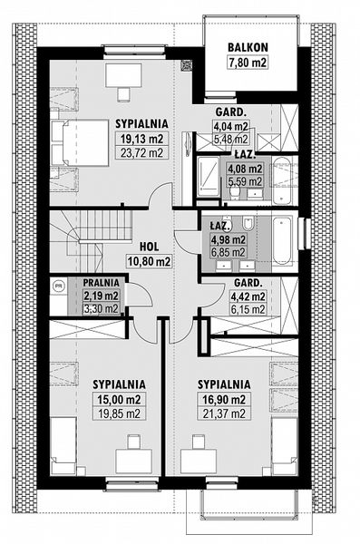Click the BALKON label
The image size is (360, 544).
tap(248, 47)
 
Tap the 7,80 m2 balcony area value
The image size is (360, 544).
tap(248, 63)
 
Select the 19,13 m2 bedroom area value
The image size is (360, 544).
tap(142, 139)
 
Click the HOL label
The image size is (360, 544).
tap(150, 247)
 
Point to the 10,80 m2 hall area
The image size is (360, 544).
tap(150, 261)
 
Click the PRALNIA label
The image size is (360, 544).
tap(102, 283)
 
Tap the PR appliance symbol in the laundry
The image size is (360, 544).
tap(59, 286)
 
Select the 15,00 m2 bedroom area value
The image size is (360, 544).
tap(119, 400)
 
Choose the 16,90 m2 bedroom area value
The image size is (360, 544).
tap(224, 400)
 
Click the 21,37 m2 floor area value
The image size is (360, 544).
tap(224, 413)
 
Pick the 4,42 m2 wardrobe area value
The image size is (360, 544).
tap(249, 296)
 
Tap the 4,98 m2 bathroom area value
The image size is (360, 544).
tap(229, 239)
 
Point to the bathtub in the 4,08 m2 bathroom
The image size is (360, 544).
tap(281, 180)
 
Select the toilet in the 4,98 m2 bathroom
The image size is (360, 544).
tap(248, 222)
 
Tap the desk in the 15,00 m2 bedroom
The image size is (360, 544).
tap(133, 461)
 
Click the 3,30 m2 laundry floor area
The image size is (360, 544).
tap(102, 308)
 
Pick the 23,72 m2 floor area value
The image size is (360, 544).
tap(142, 152)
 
